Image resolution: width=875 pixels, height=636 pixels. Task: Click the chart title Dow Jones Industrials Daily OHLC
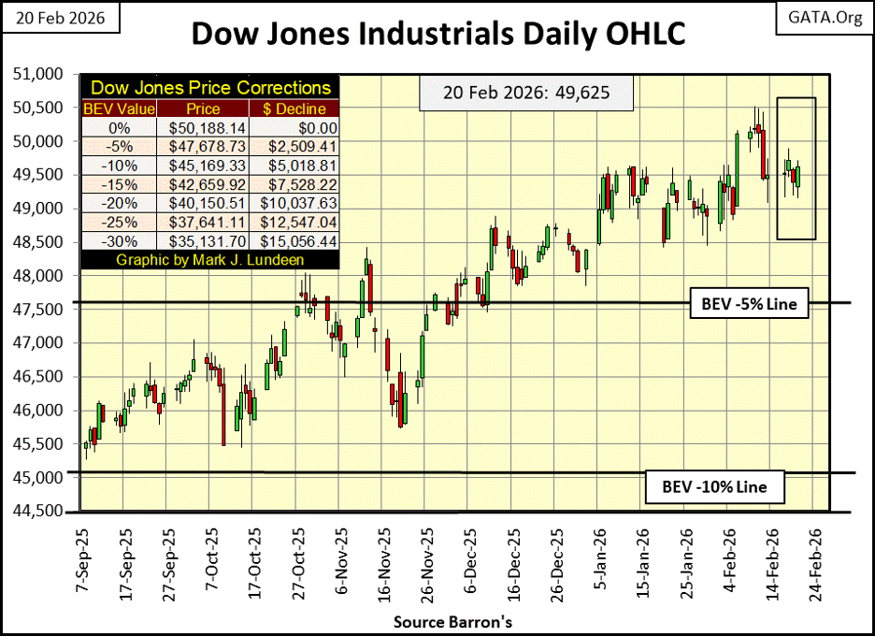(x=437, y=34)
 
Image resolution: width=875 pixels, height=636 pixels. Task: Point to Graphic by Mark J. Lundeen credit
(x=211, y=259)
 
